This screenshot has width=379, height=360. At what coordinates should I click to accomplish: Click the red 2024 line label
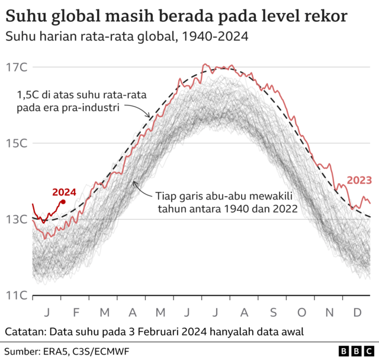point(64,192)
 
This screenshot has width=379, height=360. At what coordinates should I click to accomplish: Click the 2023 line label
point(359,180)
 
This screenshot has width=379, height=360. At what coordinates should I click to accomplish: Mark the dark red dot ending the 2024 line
point(63,202)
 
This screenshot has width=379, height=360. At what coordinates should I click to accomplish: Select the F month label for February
point(75,312)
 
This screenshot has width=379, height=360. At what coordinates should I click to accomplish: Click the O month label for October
point(301,312)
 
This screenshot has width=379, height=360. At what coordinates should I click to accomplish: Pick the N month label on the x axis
point(330,312)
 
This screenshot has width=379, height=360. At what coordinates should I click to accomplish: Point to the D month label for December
point(358,312)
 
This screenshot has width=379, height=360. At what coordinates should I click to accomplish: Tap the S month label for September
point(273,312)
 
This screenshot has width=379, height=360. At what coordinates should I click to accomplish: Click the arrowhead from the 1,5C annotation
point(149,117)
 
